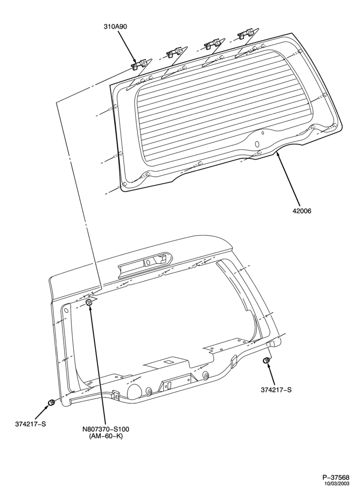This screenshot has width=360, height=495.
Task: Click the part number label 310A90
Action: point(115,27)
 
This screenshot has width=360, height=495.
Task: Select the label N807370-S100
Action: point(106,430)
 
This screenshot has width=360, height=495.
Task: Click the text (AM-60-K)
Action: point(106,436)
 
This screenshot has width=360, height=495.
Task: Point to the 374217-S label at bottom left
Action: point(30,424)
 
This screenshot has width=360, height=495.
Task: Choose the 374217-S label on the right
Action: point(276,390)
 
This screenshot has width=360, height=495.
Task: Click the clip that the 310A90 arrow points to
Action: point(138,65)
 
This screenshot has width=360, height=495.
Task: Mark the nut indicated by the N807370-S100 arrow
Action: point(89,302)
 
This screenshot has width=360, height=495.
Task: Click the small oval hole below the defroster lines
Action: point(257,144)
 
